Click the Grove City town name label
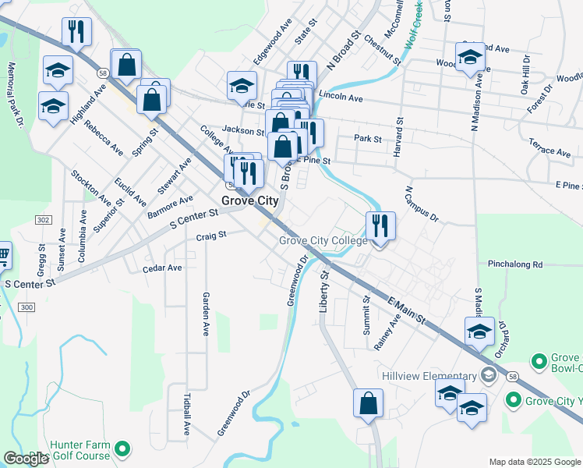coord(249,200)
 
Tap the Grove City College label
coord(323,240)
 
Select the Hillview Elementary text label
coord(429,376)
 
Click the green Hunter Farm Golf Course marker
coord(122,448)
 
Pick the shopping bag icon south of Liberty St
coord(368,404)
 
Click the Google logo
coord(26,459)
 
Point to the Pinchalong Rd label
coord(514,264)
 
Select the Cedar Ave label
coord(162,268)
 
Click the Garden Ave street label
coord(207,314)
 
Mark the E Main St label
coord(406,308)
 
